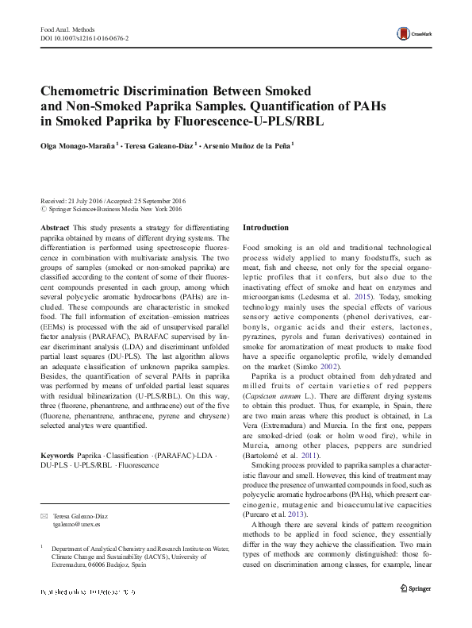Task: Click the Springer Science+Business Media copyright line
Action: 115,210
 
